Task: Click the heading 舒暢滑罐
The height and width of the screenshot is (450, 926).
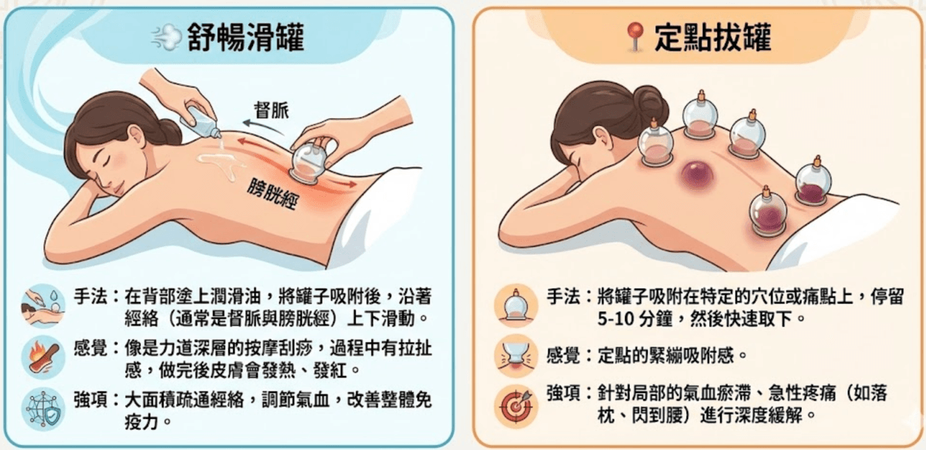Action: pyautogui.click(x=245, y=38)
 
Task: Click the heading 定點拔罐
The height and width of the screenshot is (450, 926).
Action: pyautogui.click(x=713, y=38)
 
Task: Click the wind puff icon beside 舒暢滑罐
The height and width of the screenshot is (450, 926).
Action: pyautogui.click(x=167, y=37)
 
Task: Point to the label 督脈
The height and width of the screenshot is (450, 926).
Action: pyautogui.click(x=272, y=110)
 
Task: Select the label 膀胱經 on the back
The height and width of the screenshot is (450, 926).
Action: pyautogui.click(x=272, y=193)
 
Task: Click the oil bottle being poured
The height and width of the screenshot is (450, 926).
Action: pyautogui.click(x=201, y=122)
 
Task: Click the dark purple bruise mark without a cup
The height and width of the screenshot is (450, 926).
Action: pyautogui.click(x=698, y=174)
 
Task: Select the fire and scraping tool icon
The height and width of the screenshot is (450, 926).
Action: pyautogui.click(x=43, y=357)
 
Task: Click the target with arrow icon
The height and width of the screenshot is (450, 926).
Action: pyautogui.click(x=516, y=407)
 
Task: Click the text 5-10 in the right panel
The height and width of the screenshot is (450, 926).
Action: pyautogui.click(x=613, y=320)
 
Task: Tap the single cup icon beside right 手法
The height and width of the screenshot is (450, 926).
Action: pyautogui.click(x=516, y=306)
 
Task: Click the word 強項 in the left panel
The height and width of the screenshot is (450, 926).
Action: pyautogui.click(x=91, y=400)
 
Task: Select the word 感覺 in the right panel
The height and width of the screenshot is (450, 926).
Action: pyautogui.click(x=563, y=356)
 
